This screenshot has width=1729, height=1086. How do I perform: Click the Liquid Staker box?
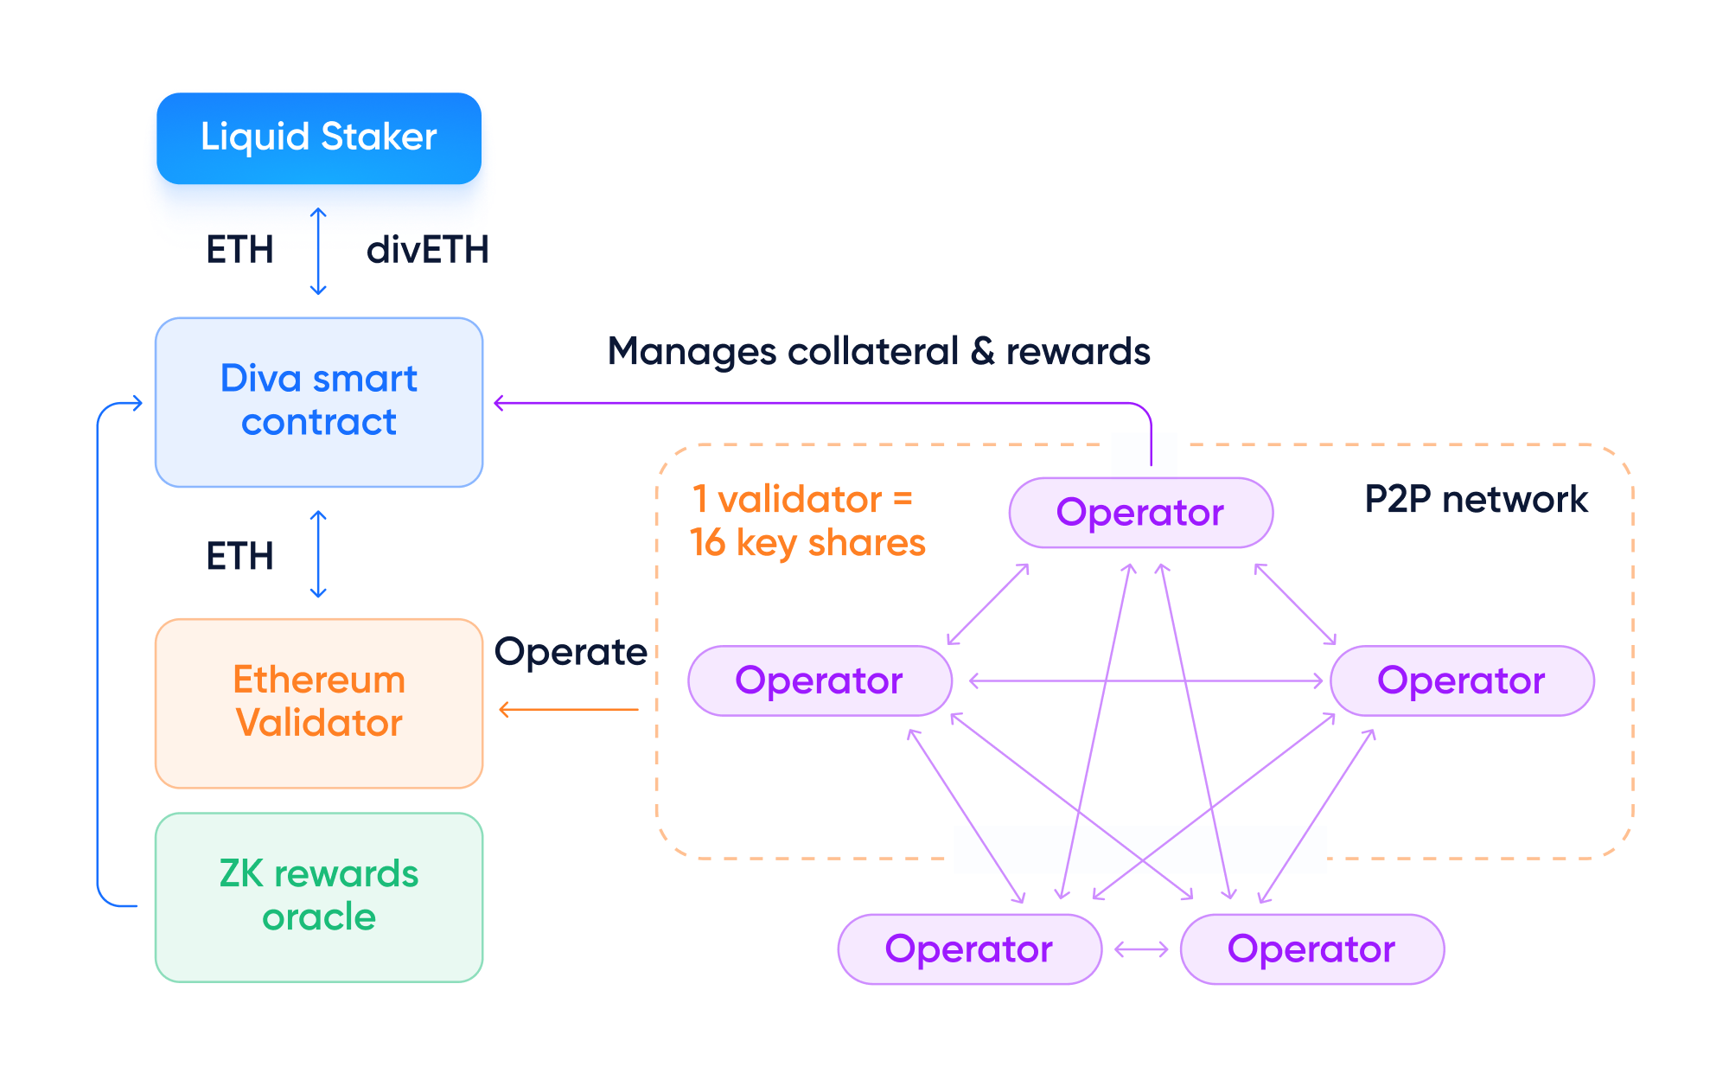[319, 138]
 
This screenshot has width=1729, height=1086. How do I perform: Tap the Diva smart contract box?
[319, 402]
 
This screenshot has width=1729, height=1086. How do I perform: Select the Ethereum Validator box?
[319, 702]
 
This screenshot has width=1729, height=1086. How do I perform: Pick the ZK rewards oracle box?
[319, 897]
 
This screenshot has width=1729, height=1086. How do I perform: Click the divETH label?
[427, 250]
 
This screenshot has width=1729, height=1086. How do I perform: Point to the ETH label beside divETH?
[239, 250]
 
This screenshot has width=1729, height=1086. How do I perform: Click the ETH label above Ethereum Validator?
[239, 556]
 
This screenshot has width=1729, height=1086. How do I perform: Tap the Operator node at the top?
[1140, 513]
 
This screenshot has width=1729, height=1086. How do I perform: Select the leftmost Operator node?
[820, 680]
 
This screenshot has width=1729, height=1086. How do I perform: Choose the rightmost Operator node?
[1461, 680]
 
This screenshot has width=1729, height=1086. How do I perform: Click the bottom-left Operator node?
[969, 949]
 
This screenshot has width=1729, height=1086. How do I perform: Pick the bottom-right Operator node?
[1311, 949]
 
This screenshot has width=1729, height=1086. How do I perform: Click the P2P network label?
[1476, 499]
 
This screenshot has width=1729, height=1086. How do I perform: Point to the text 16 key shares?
[807, 543]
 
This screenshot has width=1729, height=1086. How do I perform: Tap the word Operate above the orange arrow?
[571, 652]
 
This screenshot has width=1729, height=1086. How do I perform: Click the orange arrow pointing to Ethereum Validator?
[568, 710]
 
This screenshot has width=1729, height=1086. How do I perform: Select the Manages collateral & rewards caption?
[878, 351]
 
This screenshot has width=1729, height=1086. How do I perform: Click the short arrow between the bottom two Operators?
[1141, 949]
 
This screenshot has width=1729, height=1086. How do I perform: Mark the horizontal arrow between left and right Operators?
[1145, 681]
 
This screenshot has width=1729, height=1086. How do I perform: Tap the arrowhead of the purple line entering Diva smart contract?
[499, 403]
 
